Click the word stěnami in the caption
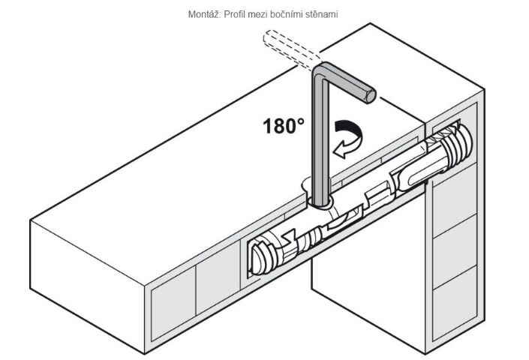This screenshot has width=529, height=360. click(x=325, y=14)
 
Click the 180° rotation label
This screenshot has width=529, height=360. click(x=284, y=126)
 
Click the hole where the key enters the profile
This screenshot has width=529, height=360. click(x=320, y=202)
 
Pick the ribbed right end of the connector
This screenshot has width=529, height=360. click(x=457, y=143)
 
